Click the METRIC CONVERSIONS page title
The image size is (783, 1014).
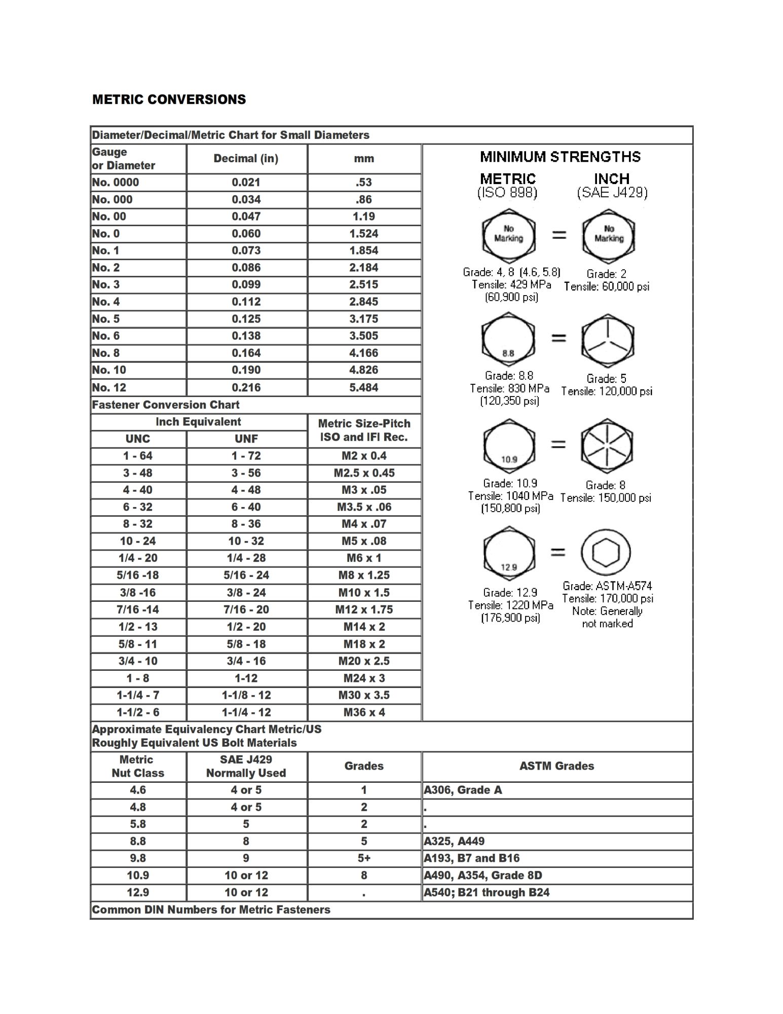tap(169, 99)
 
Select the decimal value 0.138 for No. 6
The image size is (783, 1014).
tap(246, 336)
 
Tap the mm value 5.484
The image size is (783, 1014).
tap(363, 387)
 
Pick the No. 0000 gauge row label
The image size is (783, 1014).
tap(116, 183)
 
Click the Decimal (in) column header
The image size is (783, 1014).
tap(246, 159)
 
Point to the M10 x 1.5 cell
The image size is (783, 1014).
tap(364, 592)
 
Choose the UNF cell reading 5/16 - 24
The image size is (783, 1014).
tap(246, 575)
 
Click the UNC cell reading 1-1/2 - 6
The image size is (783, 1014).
tap(138, 712)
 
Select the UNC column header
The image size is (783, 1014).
tap(138, 439)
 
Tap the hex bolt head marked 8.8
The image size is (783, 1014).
tap(508, 341)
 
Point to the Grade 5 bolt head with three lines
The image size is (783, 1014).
tap(608, 341)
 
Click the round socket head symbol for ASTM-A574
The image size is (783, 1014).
tap(606, 552)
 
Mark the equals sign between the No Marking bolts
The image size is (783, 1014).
tap(558, 235)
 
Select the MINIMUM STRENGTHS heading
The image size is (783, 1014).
tap(560, 157)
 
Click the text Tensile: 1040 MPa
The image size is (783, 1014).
tap(510, 496)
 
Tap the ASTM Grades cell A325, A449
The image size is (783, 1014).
tap(454, 841)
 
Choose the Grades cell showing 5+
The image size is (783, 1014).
tap(364, 858)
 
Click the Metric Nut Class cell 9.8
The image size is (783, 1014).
tap(138, 858)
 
